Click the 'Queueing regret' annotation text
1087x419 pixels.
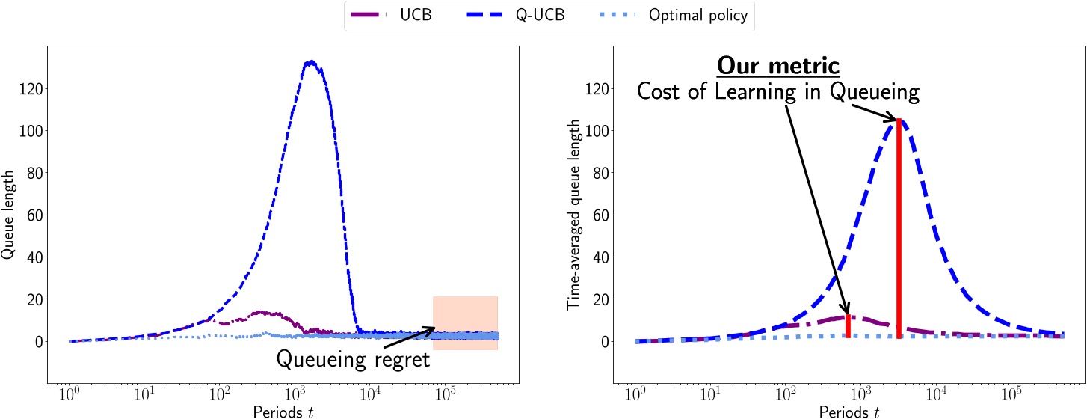tap(353, 359)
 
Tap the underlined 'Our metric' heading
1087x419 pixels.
tap(777, 66)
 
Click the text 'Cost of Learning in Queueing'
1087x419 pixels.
tap(777, 92)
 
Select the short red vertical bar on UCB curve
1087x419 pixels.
tap(848, 328)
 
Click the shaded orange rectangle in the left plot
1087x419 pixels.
tap(465, 322)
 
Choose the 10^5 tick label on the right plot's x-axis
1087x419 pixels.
tap(1011, 392)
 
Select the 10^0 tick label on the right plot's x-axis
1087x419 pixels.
tap(635, 392)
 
